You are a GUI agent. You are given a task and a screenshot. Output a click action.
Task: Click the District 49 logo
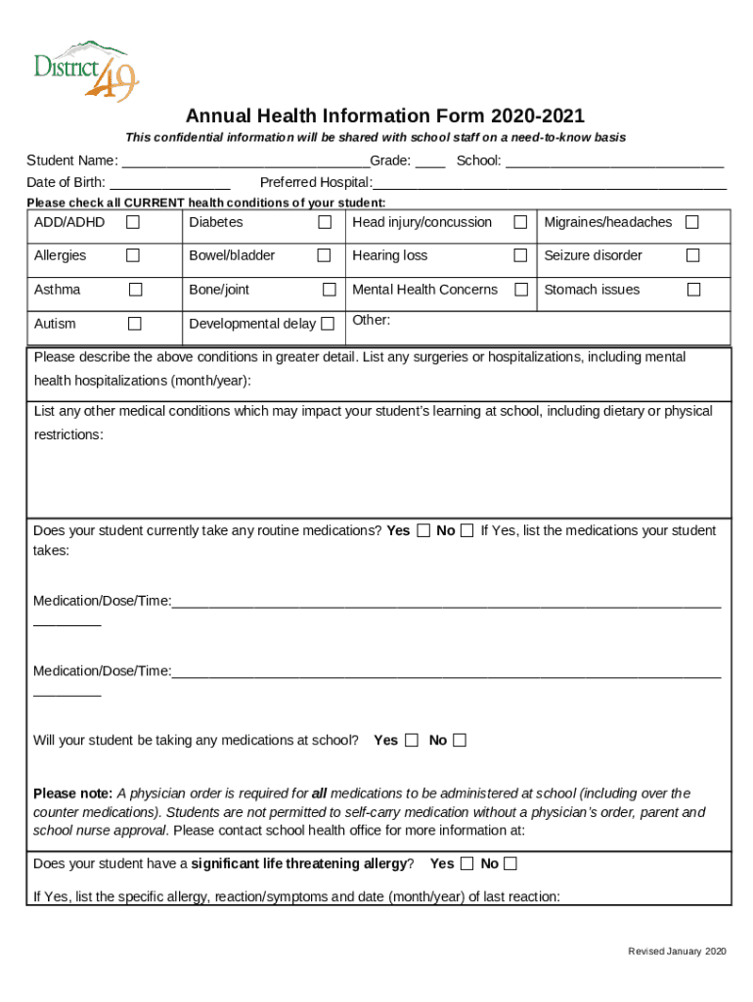pyautogui.click(x=87, y=68)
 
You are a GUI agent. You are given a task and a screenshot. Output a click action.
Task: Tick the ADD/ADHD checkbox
pyautogui.click(x=133, y=223)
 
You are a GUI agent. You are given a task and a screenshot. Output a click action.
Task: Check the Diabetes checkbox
pyautogui.click(x=325, y=223)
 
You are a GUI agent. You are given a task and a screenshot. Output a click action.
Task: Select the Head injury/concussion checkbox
pyautogui.click(x=520, y=223)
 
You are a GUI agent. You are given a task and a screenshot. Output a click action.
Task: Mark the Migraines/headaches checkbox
pyautogui.click(x=691, y=223)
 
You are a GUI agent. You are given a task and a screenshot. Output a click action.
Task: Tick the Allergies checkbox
pyautogui.click(x=133, y=256)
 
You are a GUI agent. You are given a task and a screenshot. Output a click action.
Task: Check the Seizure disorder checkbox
pyautogui.click(x=692, y=256)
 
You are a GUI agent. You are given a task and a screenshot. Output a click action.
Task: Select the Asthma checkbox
pyautogui.click(x=135, y=290)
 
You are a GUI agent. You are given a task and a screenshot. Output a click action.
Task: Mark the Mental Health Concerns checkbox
pyautogui.click(x=521, y=290)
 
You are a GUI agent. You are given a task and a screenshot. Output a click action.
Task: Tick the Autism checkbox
pyautogui.click(x=135, y=324)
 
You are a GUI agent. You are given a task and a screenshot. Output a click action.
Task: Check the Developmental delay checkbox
pyautogui.click(x=328, y=324)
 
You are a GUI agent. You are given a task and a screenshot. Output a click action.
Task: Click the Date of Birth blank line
pyautogui.click(x=170, y=183)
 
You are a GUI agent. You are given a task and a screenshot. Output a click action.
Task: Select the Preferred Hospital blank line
pyautogui.click(x=550, y=183)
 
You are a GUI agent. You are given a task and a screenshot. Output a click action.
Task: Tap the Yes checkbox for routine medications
pyautogui.click(x=423, y=531)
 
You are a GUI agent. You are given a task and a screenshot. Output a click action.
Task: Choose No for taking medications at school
pyautogui.click(x=460, y=741)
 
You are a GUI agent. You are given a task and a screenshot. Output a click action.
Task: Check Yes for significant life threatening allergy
pyautogui.click(x=466, y=864)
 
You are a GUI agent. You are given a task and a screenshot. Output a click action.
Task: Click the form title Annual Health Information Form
pyautogui.click(x=385, y=116)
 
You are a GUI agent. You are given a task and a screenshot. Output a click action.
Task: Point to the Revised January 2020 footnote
pyautogui.click(x=677, y=952)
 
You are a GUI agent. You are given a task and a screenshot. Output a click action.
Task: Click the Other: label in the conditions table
pyautogui.click(x=371, y=321)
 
